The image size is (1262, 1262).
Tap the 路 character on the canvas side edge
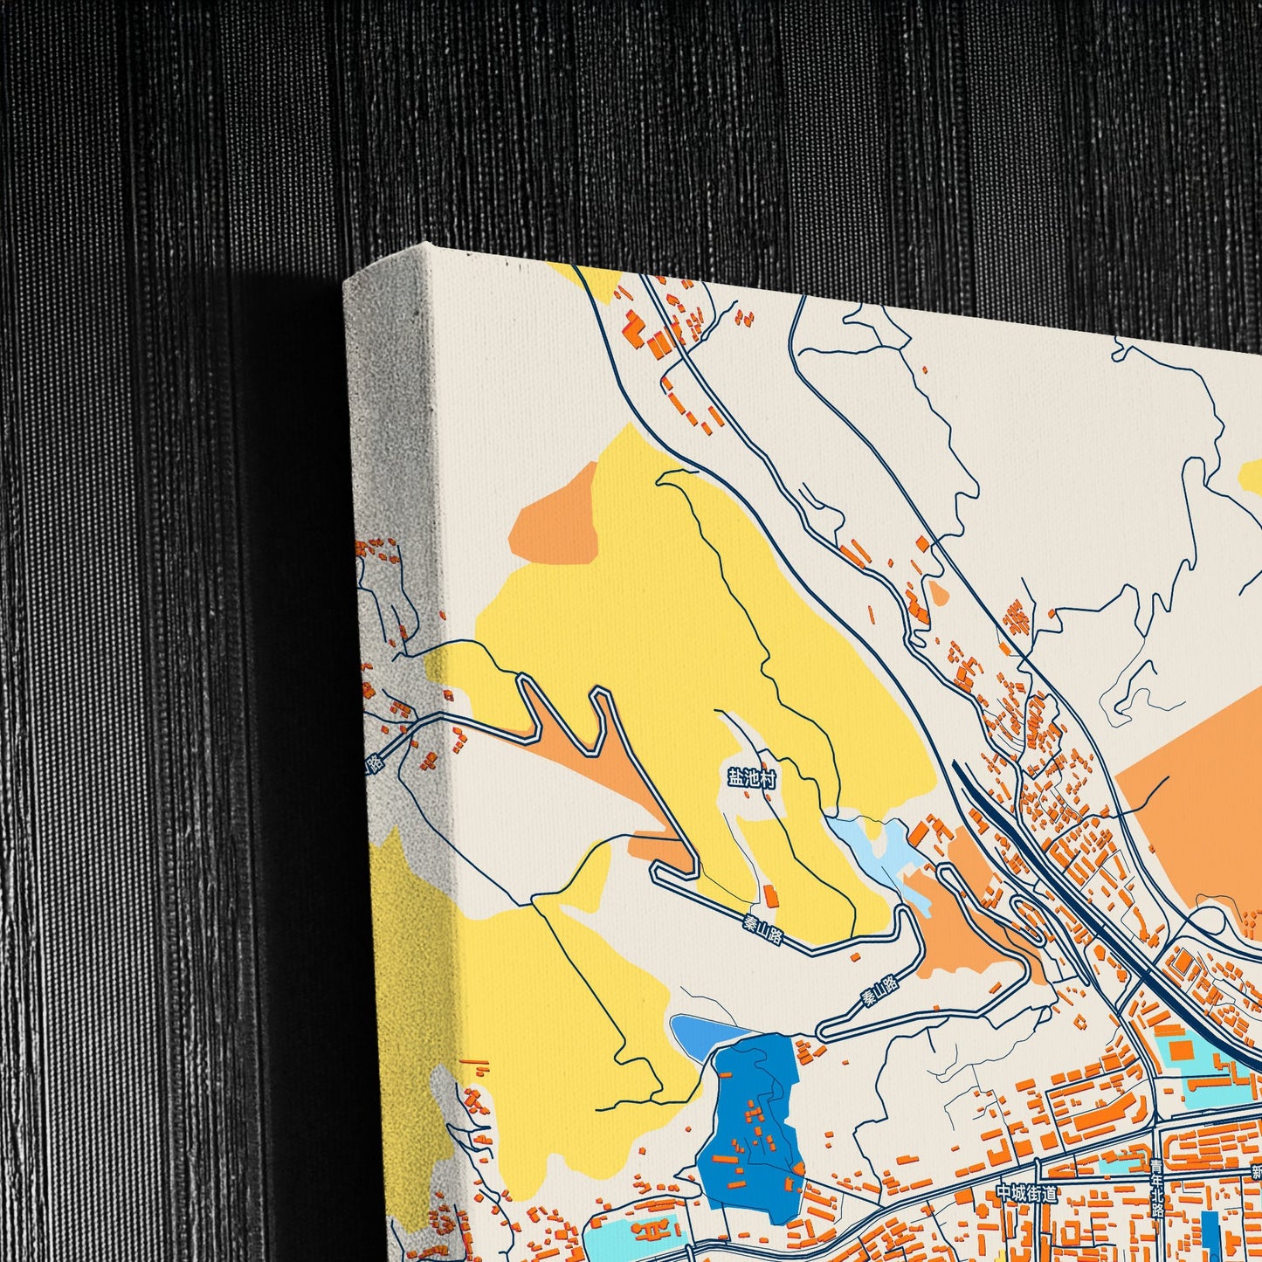(375, 763)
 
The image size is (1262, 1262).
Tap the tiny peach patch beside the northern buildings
(938, 594)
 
